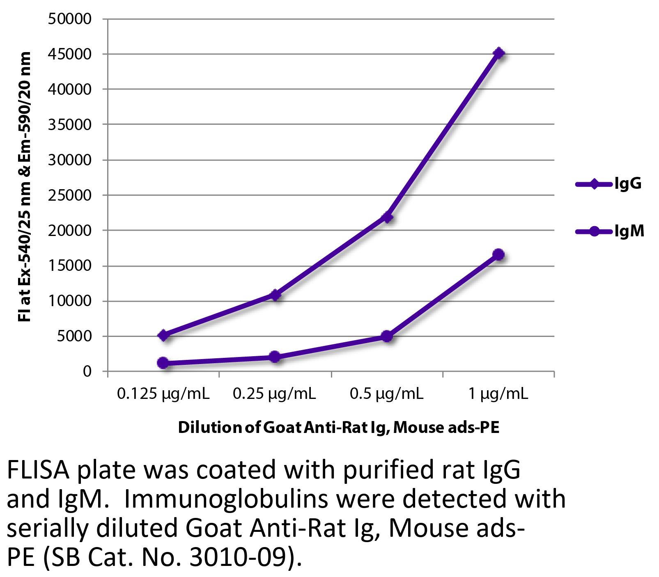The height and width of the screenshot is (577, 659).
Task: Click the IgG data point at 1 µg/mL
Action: [498, 53]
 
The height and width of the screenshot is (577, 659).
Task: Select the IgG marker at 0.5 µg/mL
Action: [387, 217]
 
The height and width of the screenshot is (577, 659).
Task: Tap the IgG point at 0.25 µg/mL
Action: [275, 295]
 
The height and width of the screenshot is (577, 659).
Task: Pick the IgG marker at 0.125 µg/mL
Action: [163, 335]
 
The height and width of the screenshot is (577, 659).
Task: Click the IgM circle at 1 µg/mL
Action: [498, 255]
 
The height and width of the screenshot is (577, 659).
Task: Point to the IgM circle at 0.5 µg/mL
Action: [387, 337]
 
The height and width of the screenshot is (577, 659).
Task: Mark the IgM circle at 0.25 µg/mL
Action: [275, 357]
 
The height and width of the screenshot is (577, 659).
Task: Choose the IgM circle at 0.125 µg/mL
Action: [163, 363]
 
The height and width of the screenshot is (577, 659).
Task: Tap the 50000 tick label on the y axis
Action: [69, 19]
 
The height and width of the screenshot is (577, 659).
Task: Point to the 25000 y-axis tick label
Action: [69, 195]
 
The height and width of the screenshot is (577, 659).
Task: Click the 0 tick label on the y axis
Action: [87, 371]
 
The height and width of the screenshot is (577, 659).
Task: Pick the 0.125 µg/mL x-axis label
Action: [163, 394]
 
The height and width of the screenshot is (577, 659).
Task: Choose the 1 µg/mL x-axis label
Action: [498, 394]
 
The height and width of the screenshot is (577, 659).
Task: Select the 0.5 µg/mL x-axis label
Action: [386, 394]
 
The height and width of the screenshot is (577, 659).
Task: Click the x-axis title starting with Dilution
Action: [338, 428]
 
